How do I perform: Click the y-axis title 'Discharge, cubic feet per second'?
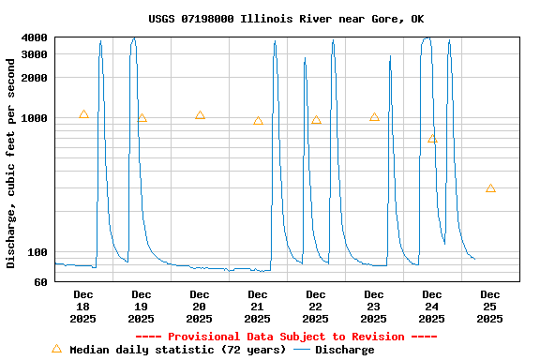click(x=11, y=162)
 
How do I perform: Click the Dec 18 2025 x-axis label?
click(x=83, y=307)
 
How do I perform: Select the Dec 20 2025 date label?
click(x=200, y=307)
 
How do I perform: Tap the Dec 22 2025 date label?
click(x=316, y=307)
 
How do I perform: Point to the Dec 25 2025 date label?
click(x=490, y=307)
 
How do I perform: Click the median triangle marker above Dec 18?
click(x=83, y=114)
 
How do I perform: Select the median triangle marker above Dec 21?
click(x=258, y=121)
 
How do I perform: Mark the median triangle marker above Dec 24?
click(x=432, y=139)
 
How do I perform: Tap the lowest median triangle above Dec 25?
click(x=490, y=188)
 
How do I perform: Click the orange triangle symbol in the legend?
click(x=56, y=349)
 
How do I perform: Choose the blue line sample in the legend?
click(x=302, y=350)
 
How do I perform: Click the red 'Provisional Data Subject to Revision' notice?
click(x=286, y=337)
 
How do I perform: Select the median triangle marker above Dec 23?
click(x=374, y=117)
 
